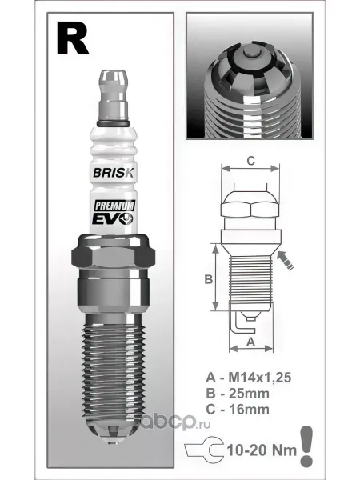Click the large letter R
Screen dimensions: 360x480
click(x=73, y=39)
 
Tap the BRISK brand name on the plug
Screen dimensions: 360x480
click(x=114, y=173)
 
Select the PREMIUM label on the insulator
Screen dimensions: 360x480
click(x=114, y=206)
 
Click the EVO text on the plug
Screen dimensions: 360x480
click(x=113, y=219)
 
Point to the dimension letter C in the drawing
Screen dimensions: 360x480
click(x=250, y=161)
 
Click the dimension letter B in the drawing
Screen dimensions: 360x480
click(x=209, y=279)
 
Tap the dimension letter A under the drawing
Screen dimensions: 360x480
click(x=251, y=342)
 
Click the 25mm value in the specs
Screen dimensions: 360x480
click(x=249, y=394)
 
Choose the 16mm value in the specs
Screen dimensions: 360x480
click(x=249, y=410)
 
